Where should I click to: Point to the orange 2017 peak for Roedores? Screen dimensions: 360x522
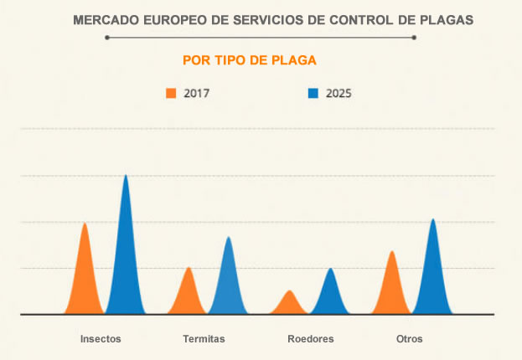click(290, 304)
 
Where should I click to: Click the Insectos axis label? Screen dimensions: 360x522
click(101, 339)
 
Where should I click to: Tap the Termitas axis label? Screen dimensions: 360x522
click(204, 339)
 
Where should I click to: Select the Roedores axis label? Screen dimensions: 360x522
click(311, 339)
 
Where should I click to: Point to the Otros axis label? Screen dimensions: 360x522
click(410, 339)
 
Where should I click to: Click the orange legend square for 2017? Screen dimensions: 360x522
click(171, 93)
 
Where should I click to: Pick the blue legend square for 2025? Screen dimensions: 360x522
click(313, 93)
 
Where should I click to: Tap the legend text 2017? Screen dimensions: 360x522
click(197, 94)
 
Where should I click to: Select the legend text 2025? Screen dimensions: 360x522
click(339, 94)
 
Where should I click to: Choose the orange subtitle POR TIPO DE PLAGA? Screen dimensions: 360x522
click(249, 60)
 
